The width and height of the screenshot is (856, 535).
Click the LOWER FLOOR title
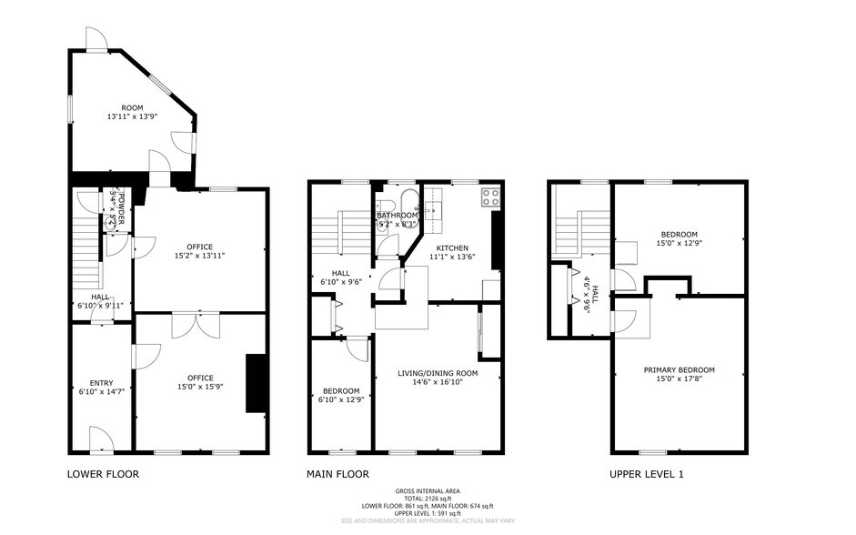pyautogui.click(x=103, y=474)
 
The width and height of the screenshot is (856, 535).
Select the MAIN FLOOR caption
pyautogui.click(x=337, y=474)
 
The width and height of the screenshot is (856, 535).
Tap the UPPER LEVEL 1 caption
pyautogui.click(x=646, y=474)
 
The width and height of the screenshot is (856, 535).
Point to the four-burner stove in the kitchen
pyautogui.click(x=490, y=195)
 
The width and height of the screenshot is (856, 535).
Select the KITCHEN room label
pyautogui.click(x=452, y=247)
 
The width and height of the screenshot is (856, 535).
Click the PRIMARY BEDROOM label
pyautogui.click(x=679, y=369)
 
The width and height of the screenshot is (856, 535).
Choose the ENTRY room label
pyautogui.click(x=101, y=383)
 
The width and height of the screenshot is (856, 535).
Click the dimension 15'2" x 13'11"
pyautogui.click(x=199, y=256)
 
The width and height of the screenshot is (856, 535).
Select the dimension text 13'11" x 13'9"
pyautogui.click(x=132, y=116)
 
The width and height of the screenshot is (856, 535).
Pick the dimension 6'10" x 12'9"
pyautogui.click(x=341, y=399)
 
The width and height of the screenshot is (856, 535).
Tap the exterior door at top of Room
pyautogui.click(x=96, y=39)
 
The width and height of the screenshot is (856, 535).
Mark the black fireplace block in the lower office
pyautogui.click(x=255, y=383)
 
